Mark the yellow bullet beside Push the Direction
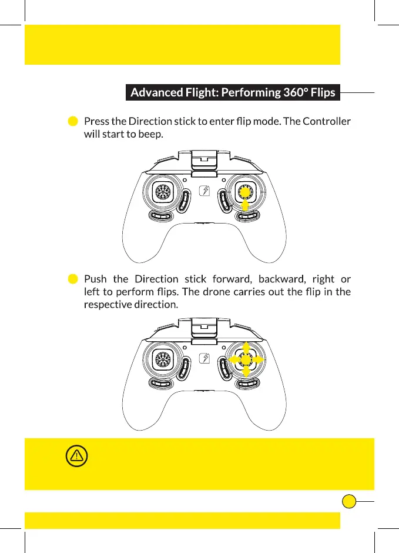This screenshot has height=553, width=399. click(x=73, y=279)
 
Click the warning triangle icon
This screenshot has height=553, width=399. click(x=77, y=455)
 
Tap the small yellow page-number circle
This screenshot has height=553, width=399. click(x=349, y=501)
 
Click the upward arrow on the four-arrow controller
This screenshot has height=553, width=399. click(x=246, y=348)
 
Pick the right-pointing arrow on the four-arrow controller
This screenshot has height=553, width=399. click(x=259, y=359)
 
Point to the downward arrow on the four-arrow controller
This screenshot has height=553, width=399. click(x=246, y=371)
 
